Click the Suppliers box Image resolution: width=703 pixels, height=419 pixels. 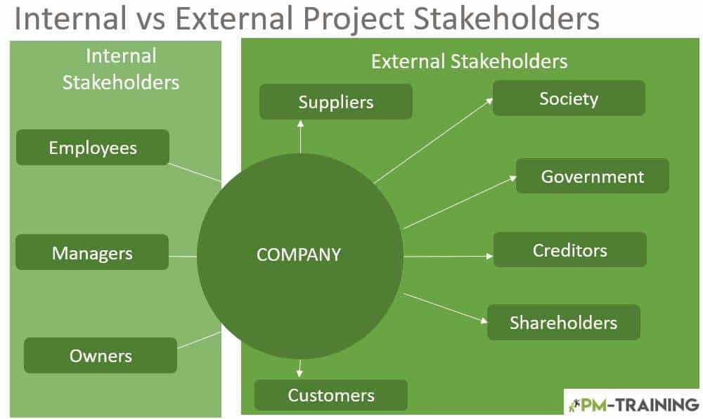pyautogui.click(x=336, y=102)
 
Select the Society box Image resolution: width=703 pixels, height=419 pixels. pyautogui.click(x=569, y=98)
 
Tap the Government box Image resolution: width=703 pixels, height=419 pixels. pyautogui.click(x=592, y=176)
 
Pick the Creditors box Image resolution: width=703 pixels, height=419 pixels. pyautogui.click(x=570, y=250)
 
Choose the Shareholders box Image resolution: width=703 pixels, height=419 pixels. pyautogui.click(x=564, y=323)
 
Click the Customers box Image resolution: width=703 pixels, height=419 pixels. pyautogui.click(x=331, y=395)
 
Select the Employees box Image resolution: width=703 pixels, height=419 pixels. pyautogui.click(x=93, y=148)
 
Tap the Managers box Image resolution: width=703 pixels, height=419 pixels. pyautogui.click(x=92, y=252)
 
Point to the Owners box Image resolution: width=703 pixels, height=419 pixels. pyautogui.click(x=101, y=355)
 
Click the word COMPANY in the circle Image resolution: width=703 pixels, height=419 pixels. pyautogui.click(x=299, y=254)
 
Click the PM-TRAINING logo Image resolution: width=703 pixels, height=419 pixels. pyautogui.click(x=633, y=405)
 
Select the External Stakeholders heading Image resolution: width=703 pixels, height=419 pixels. pyautogui.click(x=469, y=61)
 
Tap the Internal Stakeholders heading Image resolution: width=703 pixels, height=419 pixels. pyautogui.click(x=121, y=70)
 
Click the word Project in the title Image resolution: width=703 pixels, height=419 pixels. pyautogui.click(x=354, y=19)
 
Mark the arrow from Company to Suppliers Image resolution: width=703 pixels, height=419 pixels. pyautogui.click(x=300, y=136)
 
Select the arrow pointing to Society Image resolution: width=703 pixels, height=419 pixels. pyautogui.click(x=434, y=141)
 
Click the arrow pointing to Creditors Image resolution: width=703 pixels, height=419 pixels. pyautogui.click(x=449, y=257)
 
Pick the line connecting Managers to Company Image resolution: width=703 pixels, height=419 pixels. pyautogui.click(x=183, y=257)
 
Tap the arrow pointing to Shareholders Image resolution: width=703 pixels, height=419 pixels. pyautogui.click(x=445, y=308)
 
